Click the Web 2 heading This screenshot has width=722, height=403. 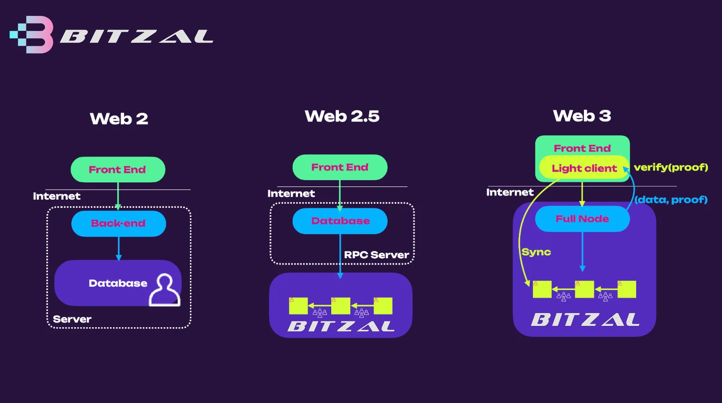click(x=119, y=118)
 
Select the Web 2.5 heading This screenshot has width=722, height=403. click(x=342, y=116)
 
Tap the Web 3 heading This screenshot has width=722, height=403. click(x=582, y=116)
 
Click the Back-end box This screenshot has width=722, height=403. click(x=119, y=224)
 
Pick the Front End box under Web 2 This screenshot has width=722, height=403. click(x=118, y=170)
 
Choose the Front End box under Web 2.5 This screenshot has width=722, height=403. click(x=340, y=167)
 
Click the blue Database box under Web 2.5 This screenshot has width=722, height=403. click(x=340, y=221)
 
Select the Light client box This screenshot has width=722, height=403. click(x=584, y=168)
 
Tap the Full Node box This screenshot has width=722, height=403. click(x=583, y=219)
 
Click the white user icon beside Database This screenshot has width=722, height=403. click(x=164, y=290)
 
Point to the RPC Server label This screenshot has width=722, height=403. click(x=377, y=255)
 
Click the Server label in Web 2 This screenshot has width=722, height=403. click(x=72, y=319)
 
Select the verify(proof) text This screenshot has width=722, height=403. click(x=671, y=167)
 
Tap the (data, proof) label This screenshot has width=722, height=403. click(x=671, y=200)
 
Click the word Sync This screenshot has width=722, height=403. click(x=536, y=252)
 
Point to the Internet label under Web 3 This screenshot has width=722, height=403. click(x=510, y=192)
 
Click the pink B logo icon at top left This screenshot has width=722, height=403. click(x=32, y=34)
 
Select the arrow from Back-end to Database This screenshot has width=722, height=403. click(x=119, y=249)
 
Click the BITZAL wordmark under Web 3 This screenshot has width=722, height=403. click(x=585, y=319)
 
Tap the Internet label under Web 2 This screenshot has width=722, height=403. click(x=57, y=196)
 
